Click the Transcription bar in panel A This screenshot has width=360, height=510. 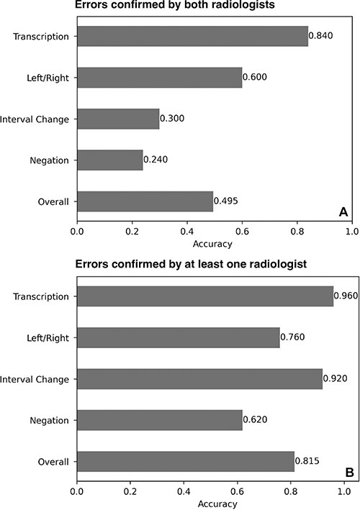click(x=192, y=35)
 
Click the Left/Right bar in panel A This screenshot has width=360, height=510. click(x=159, y=76)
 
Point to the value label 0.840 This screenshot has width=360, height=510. click(x=321, y=35)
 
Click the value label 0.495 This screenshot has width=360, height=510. click(x=226, y=201)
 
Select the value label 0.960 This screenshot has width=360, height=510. click(x=346, y=296)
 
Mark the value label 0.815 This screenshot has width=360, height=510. click(x=309, y=461)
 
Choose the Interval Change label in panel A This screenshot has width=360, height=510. click(x=35, y=118)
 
